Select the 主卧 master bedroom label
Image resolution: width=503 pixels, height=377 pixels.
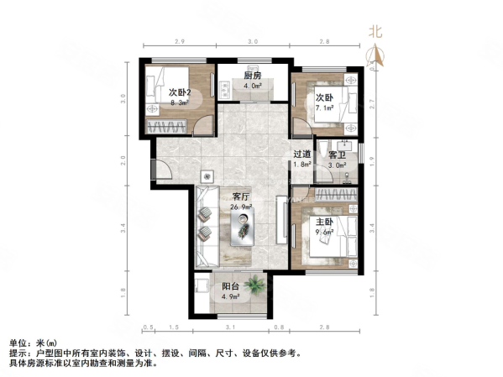[324, 223]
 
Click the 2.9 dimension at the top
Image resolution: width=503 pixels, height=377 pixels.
[179, 41]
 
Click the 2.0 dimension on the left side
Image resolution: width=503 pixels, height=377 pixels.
[123, 160]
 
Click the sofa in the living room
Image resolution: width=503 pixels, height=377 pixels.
[207, 223]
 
